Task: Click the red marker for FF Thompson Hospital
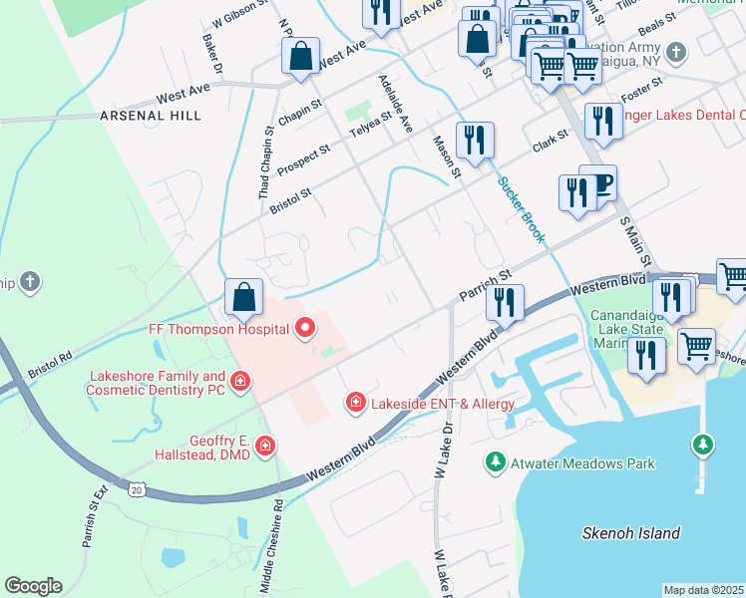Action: [x=305, y=327]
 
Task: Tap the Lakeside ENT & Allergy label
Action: [x=442, y=404]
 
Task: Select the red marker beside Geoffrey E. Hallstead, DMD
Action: [x=264, y=446]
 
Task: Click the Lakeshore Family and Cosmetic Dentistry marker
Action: [x=239, y=381]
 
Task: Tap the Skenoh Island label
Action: [x=631, y=533]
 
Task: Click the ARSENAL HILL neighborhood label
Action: [x=151, y=116]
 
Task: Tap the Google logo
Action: [x=33, y=586]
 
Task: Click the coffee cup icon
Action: [x=599, y=183]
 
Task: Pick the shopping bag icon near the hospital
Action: [x=243, y=296]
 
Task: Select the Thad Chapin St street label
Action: [x=265, y=161]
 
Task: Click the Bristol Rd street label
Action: [x=51, y=354]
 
